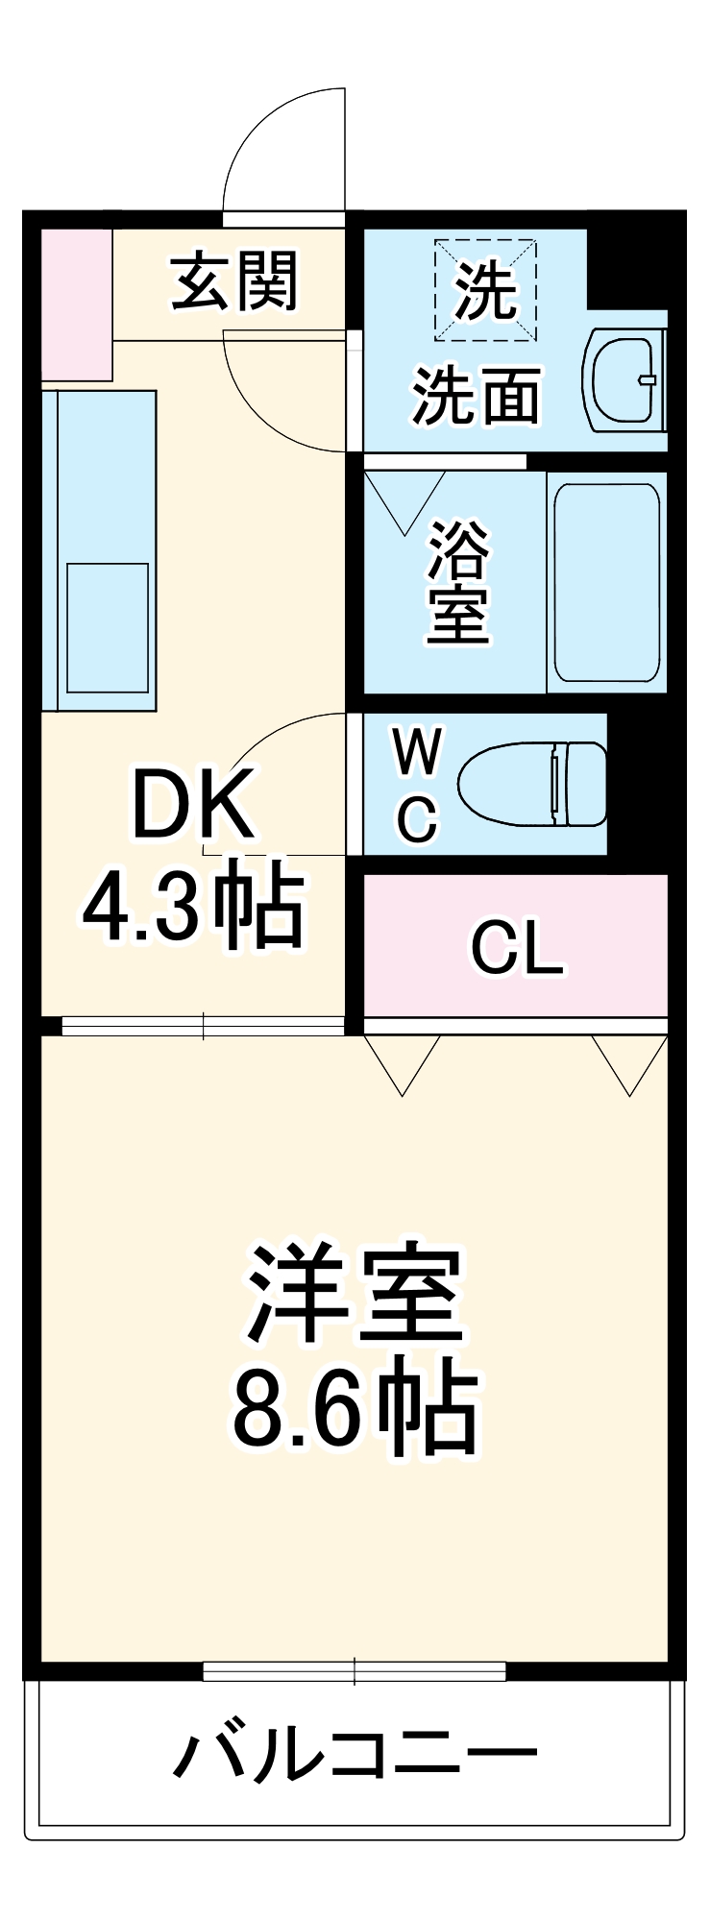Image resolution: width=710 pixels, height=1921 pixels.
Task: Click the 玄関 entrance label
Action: tap(235, 281)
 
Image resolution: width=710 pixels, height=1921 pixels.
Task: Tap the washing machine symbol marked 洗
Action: tap(485, 290)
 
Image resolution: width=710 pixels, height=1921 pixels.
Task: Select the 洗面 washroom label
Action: tap(477, 395)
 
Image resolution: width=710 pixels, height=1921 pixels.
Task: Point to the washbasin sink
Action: tap(624, 380)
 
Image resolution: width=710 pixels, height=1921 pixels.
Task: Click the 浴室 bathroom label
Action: tap(459, 581)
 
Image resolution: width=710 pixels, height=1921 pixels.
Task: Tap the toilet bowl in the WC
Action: tap(533, 783)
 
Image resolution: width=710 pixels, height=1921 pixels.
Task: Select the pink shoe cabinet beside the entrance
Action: tap(77, 304)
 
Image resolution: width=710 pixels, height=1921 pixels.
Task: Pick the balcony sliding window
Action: tap(355, 1671)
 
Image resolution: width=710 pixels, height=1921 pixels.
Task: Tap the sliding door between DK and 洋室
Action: tap(203, 1027)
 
